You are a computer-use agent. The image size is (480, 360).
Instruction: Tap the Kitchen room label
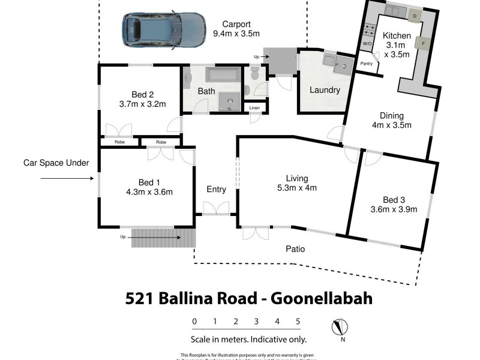397,36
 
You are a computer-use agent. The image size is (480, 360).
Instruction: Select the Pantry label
366,62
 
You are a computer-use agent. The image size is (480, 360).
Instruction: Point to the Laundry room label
325,91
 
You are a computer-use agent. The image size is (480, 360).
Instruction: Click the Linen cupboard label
255,108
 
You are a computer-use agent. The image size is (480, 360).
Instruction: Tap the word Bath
206,92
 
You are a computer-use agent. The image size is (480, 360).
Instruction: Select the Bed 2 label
143,94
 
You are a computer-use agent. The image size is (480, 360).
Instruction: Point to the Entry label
216,190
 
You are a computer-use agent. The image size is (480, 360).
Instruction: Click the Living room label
296,178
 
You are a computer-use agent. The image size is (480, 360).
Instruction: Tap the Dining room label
391,116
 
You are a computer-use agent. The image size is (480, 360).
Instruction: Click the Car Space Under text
56,163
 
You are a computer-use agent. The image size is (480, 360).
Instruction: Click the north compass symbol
340,328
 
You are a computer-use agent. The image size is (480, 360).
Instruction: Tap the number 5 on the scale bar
298,322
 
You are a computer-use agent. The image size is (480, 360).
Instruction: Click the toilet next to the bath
254,75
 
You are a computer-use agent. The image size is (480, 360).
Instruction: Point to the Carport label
236,24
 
